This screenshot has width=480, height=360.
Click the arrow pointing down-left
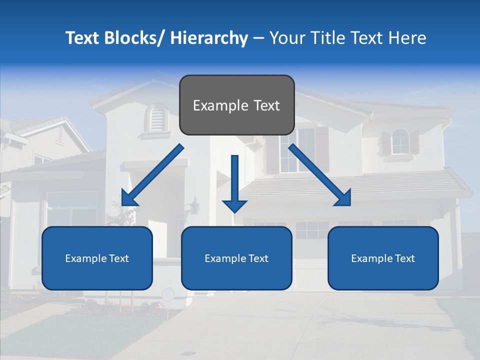(x=152, y=175)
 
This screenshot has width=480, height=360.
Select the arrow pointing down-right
(x=320, y=175)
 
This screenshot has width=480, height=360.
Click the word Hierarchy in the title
(x=209, y=38)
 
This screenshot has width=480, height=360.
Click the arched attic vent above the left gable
(x=157, y=118)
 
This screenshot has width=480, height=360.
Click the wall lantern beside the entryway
(x=194, y=205)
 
